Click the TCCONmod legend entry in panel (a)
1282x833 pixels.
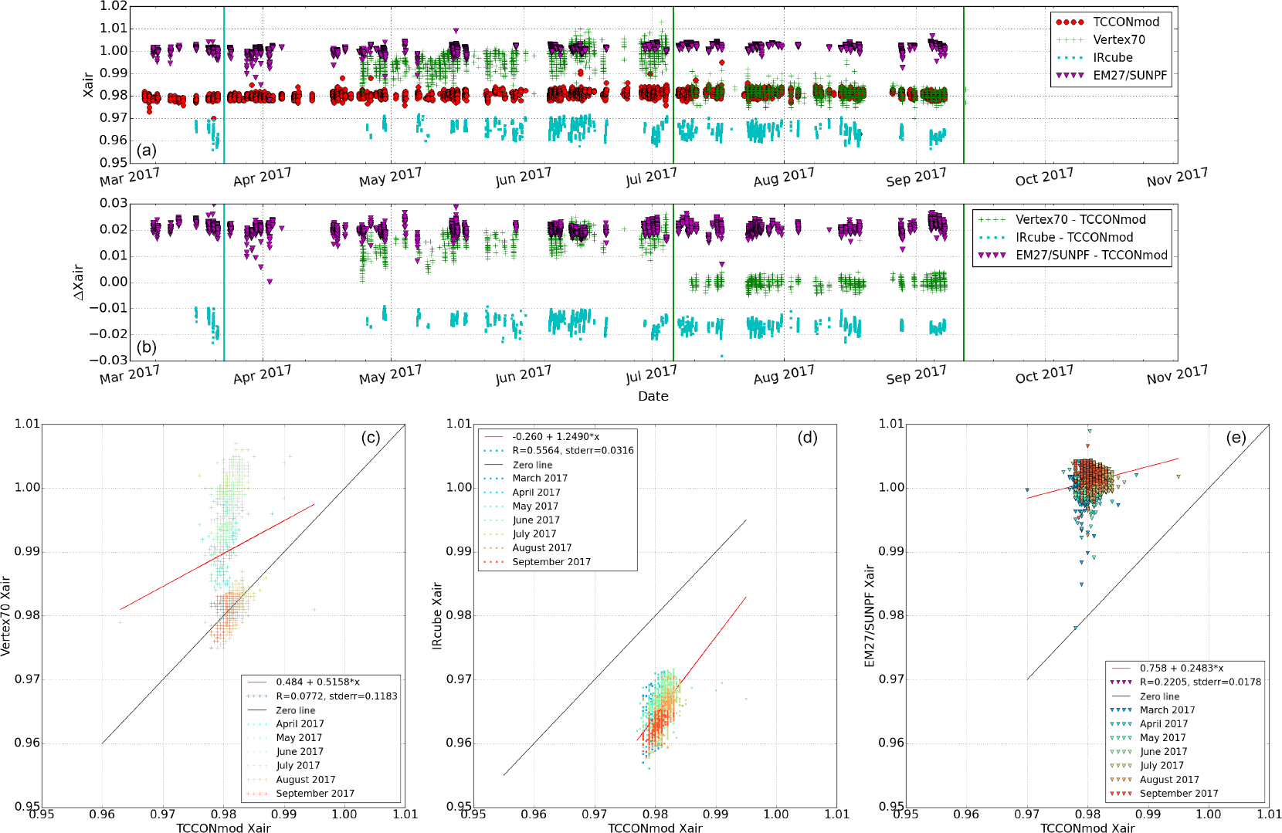(1126, 22)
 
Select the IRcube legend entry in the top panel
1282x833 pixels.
(1112, 57)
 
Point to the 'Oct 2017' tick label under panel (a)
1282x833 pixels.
(1044, 178)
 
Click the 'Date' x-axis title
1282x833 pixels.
(653, 396)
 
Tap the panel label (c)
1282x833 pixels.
(371, 438)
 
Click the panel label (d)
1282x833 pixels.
(807, 438)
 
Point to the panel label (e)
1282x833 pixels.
(1236, 438)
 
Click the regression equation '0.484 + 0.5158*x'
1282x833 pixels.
(317, 682)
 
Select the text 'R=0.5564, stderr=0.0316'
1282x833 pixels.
(573, 450)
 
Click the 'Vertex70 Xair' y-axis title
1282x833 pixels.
(6, 615)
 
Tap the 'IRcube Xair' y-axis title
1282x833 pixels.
(437, 615)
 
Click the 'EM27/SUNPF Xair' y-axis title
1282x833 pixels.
(870, 615)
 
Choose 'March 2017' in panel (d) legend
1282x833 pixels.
(540, 478)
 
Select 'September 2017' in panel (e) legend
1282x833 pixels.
(1179, 793)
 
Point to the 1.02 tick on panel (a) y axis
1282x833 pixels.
(114, 6)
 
